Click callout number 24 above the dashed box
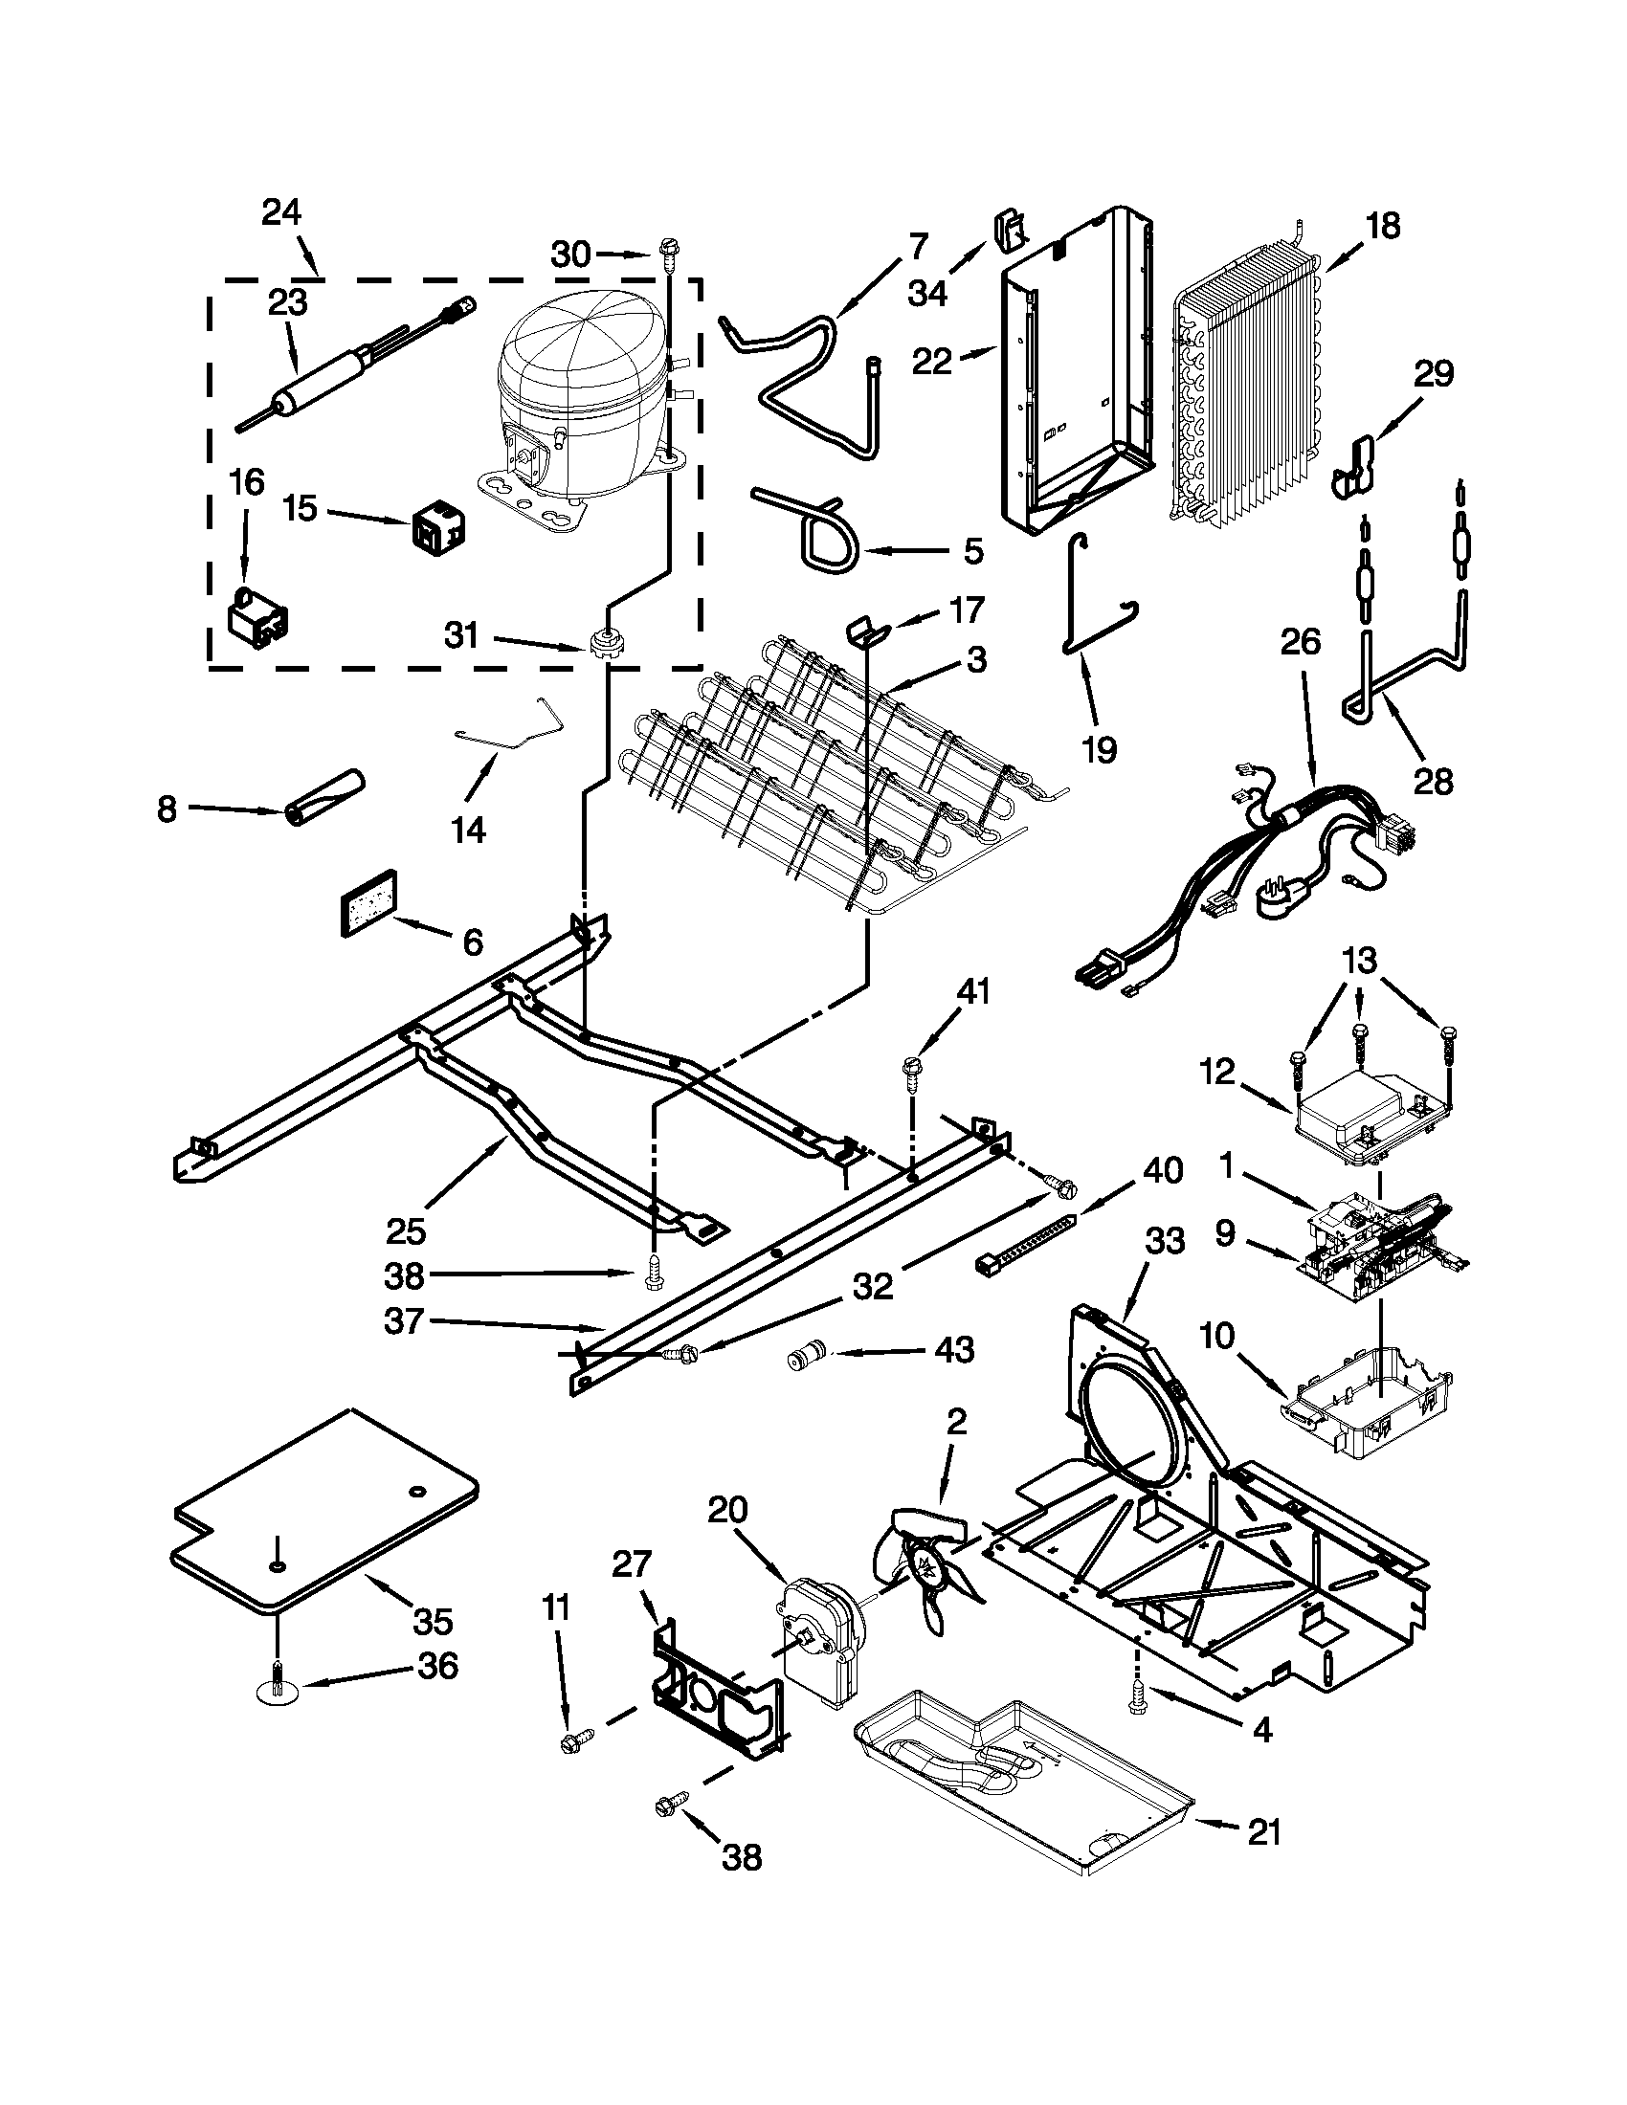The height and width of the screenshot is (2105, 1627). click(x=281, y=213)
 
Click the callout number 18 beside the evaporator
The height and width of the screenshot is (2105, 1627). click(x=1383, y=228)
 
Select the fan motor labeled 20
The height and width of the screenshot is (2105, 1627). click(x=817, y=1638)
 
